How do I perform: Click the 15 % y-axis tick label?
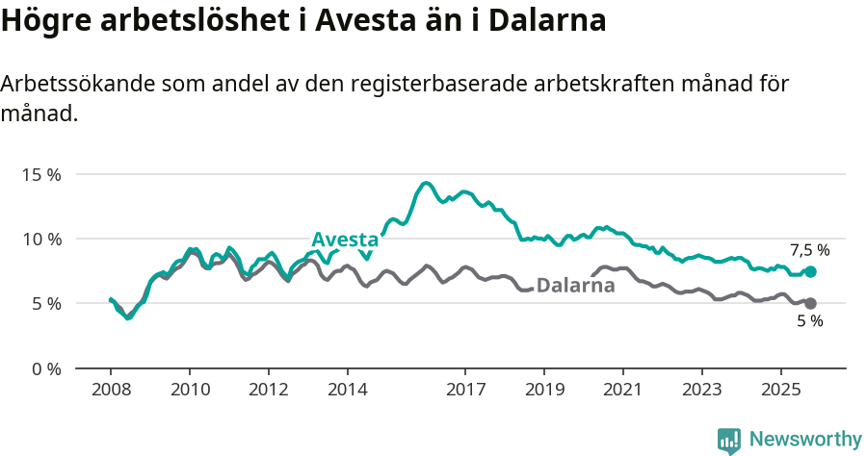tap(41, 174)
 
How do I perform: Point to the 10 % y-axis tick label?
tap(41, 239)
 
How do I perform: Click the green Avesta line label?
tap(345, 240)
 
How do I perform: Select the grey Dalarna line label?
tap(575, 285)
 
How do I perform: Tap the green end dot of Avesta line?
tap(810, 272)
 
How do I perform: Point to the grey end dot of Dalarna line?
tap(810, 303)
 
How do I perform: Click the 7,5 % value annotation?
tap(809, 250)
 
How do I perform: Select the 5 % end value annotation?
tap(809, 321)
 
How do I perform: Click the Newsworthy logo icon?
tap(729, 441)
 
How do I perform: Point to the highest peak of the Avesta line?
tap(427, 183)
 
